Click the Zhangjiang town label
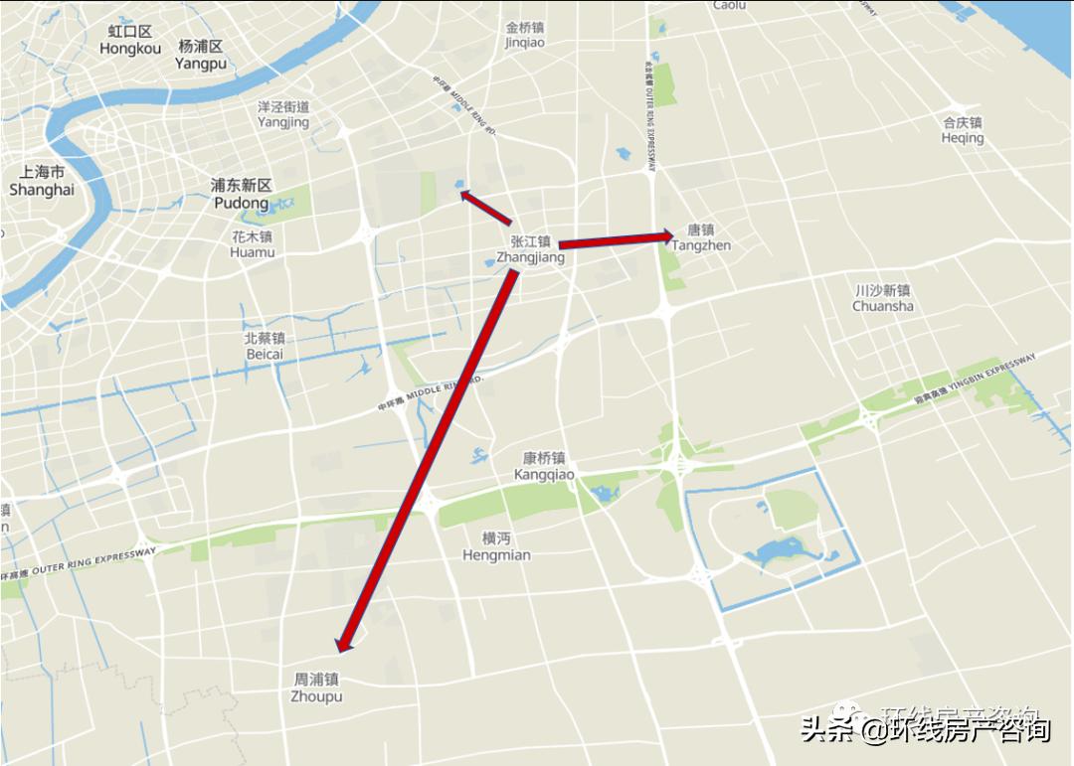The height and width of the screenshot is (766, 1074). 530,249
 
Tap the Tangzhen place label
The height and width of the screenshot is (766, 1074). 701,237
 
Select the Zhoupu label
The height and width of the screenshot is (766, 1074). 316,689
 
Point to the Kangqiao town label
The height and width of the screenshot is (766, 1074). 544,466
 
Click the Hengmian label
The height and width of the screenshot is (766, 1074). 496,546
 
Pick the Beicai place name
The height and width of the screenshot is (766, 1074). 265,346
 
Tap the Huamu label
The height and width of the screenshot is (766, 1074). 252,244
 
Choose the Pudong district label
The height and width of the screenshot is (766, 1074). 242,194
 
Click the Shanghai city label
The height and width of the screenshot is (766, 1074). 42,181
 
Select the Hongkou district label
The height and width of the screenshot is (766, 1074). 130,40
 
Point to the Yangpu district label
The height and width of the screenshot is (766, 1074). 201,55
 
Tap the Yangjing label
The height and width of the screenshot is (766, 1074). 283,114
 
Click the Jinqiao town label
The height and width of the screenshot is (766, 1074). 525,35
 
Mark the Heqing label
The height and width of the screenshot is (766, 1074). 963,130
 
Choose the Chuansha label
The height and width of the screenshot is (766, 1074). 883,298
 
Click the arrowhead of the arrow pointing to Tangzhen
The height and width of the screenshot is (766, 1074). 667,236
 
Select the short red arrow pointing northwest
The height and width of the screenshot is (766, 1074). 485,207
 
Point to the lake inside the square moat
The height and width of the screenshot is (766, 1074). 775,551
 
